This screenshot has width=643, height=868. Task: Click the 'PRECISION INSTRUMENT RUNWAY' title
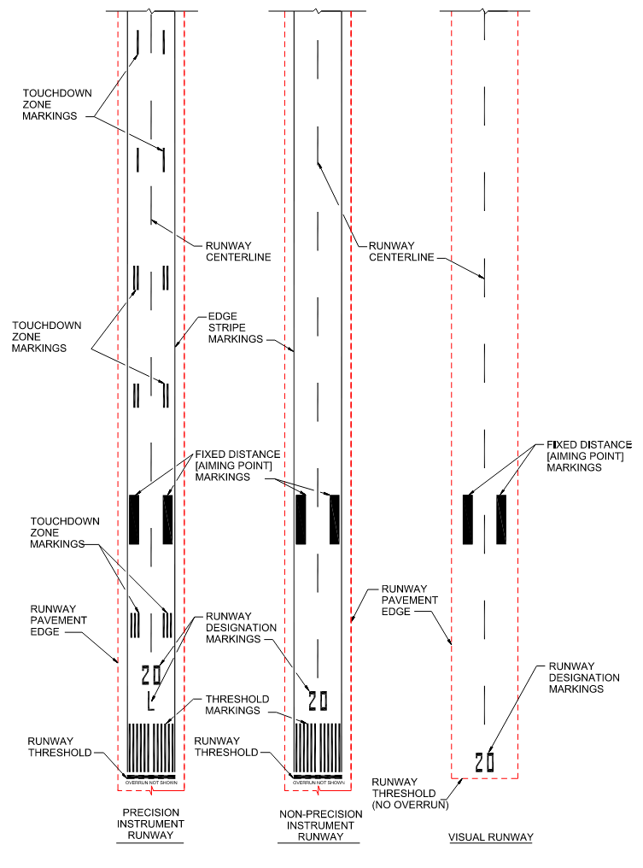tap(150, 824)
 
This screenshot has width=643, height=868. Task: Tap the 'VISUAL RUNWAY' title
tap(490, 837)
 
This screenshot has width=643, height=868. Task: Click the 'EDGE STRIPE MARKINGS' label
tap(235, 327)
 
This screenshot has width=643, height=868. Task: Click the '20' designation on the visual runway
tap(485, 760)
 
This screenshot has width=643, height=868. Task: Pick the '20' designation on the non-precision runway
tap(318, 701)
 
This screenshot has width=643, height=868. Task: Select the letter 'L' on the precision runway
tap(150, 705)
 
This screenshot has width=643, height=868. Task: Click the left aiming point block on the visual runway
tap(467, 519)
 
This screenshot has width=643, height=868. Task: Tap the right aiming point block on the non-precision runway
tap(335, 519)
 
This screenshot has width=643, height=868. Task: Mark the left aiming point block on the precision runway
tap(133, 519)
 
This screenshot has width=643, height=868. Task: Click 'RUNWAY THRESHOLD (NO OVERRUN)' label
tap(410, 793)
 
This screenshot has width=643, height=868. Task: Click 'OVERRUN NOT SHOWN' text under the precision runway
tap(151, 782)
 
